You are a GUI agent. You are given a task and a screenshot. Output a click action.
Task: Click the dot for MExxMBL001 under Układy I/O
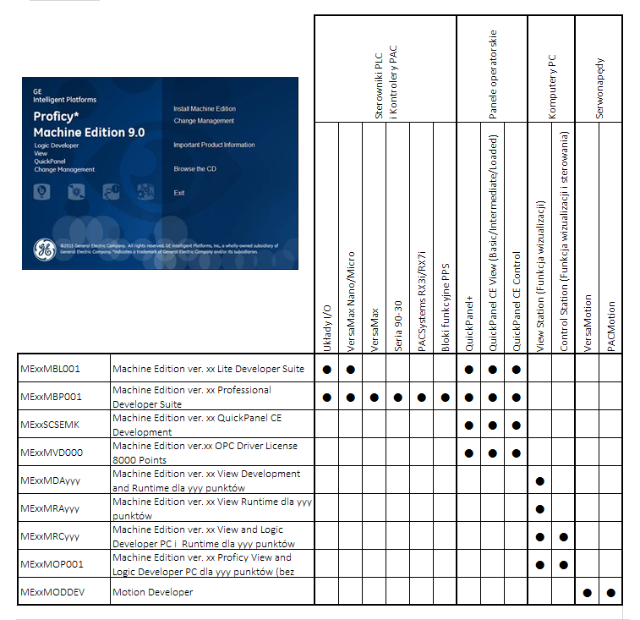pos(326,370)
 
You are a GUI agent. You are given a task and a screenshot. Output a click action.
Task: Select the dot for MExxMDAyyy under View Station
pos(539,481)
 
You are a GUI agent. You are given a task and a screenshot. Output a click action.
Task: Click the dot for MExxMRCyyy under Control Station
pos(563,536)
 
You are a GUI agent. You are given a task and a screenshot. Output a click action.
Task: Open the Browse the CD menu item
pos(194,169)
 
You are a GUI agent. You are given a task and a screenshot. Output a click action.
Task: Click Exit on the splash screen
pos(179,193)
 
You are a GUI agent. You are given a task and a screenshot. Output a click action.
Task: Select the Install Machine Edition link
pos(205,109)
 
